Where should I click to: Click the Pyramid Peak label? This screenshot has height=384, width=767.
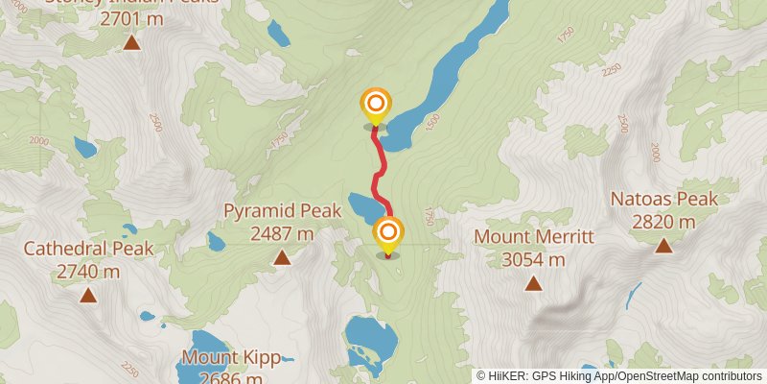[282, 210]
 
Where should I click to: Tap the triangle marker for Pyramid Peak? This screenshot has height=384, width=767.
[282, 256]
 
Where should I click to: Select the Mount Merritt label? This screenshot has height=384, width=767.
[534, 236]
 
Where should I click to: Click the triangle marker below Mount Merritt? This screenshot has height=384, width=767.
[533, 282]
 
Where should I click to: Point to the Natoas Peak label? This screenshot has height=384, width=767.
[664, 200]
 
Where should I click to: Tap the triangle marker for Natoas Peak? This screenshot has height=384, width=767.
[663, 246]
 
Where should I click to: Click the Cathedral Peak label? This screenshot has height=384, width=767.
[88, 249]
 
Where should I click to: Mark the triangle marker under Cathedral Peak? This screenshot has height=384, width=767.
[88, 295]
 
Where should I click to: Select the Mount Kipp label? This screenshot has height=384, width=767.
[230, 359]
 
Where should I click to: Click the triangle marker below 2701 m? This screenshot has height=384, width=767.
[131, 42]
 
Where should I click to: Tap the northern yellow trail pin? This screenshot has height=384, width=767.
[375, 104]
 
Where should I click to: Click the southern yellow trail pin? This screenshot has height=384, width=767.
[388, 233]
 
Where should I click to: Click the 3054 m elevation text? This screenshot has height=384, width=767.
[534, 258]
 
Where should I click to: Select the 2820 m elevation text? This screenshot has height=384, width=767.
[664, 222]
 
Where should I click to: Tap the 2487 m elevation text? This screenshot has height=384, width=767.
[282, 233]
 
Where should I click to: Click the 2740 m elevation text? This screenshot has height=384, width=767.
[88, 272]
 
